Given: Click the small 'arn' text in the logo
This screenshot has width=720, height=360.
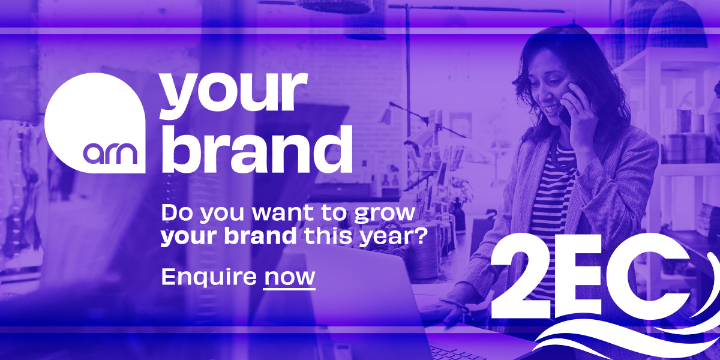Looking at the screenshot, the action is click(110, 154).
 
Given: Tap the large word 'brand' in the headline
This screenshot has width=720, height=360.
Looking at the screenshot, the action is click(257, 149).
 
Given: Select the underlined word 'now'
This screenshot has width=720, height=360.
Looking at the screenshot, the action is click(289, 277).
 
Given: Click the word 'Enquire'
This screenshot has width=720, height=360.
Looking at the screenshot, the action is click(209, 277).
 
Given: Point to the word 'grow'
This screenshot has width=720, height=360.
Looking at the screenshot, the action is click(385, 214).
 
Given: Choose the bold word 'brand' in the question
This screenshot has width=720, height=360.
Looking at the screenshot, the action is click(260, 236).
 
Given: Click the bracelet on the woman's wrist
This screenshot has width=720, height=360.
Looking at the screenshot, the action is click(455, 304).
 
